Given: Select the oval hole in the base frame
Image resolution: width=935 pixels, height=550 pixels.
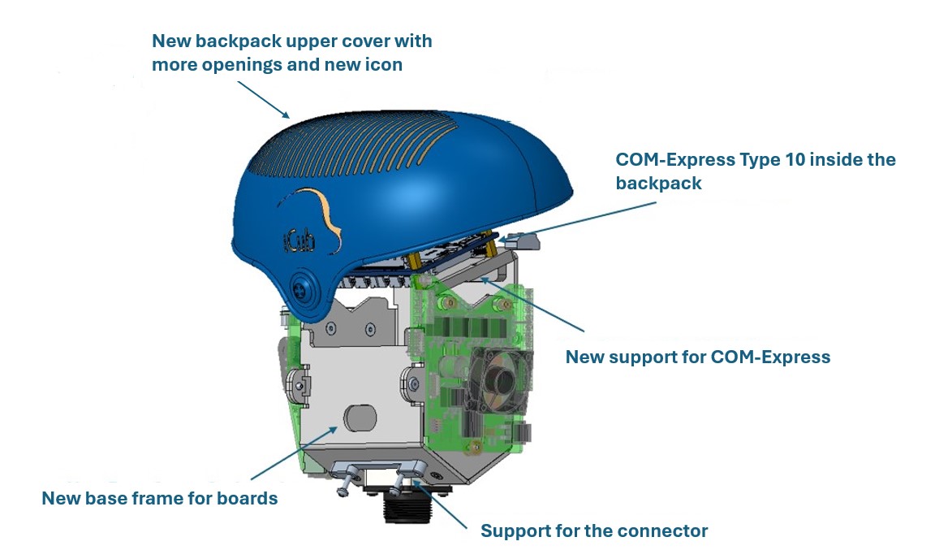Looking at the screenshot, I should (x=360, y=418).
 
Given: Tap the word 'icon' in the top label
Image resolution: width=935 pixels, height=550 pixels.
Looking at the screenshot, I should (x=381, y=64).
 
